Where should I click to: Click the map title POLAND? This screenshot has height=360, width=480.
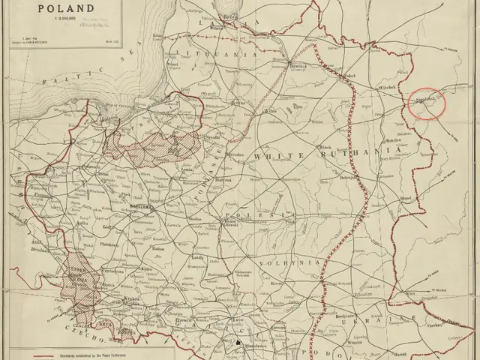click(x=65, y=10)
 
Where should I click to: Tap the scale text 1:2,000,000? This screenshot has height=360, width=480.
click(x=65, y=21)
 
